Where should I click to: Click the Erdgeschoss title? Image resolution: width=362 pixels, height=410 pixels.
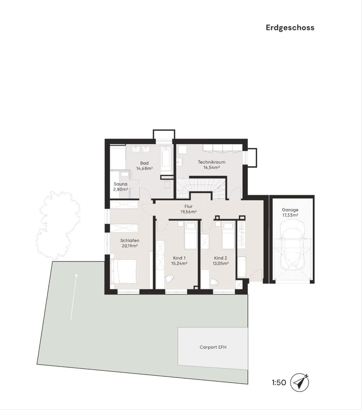pyautogui.click(x=290, y=28)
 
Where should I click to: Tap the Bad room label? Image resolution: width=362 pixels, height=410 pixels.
pyautogui.click(x=144, y=163)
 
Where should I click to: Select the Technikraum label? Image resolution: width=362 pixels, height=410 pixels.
pyautogui.click(x=211, y=162)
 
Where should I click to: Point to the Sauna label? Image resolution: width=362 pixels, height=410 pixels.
pyautogui.click(x=120, y=184)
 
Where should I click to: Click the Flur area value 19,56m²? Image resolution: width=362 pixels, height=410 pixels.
pyautogui.click(x=189, y=212)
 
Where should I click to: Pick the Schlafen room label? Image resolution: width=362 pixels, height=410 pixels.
pyautogui.click(x=130, y=241)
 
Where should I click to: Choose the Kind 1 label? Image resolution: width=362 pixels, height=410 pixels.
pyautogui.click(x=179, y=258)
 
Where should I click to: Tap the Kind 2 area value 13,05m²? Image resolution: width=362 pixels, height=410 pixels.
pyautogui.click(x=221, y=263)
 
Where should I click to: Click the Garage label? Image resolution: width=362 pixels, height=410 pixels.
pyautogui.click(x=290, y=210)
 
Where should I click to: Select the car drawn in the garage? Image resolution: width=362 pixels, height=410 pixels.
pyautogui.click(x=291, y=249)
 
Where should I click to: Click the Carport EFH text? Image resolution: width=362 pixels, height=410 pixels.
pyautogui.click(x=213, y=347)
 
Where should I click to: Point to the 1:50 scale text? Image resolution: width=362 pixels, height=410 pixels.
pyautogui.click(x=279, y=383)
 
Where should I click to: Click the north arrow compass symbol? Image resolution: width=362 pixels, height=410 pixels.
pyautogui.click(x=300, y=383)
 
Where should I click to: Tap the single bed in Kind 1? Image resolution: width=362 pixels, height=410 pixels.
pyautogui.click(x=190, y=236)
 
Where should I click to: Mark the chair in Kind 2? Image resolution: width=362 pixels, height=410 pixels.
pyautogui.click(x=214, y=282)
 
